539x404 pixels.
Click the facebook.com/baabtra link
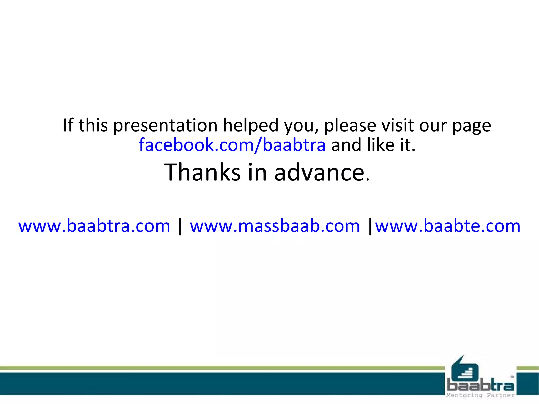click(x=232, y=145)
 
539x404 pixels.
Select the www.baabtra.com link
click(x=94, y=226)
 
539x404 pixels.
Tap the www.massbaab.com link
click(x=275, y=226)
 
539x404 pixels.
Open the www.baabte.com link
click(x=448, y=226)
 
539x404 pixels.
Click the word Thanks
click(x=202, y=172)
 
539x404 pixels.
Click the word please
click(x=350, y=126)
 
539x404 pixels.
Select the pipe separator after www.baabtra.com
click(x=180, y=226)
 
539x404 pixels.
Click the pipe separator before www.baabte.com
click(x=370, y=226)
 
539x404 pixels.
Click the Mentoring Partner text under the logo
click(x=480, y=395)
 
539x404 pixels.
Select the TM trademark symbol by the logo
click(x=512, y=377)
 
